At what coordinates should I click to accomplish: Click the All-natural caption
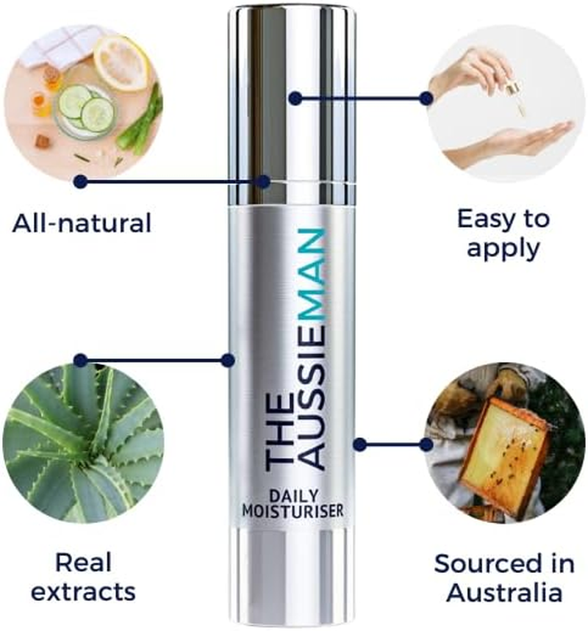[x=82, y=222]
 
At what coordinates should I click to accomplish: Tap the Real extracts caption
[x=85, y=577]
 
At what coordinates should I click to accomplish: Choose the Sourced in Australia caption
[x=504, y=577]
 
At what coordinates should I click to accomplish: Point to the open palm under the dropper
[x=514, y=140]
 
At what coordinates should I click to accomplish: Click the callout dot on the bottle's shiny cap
[x=294, y=98]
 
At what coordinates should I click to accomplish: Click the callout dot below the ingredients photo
[x=81, y=181]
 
